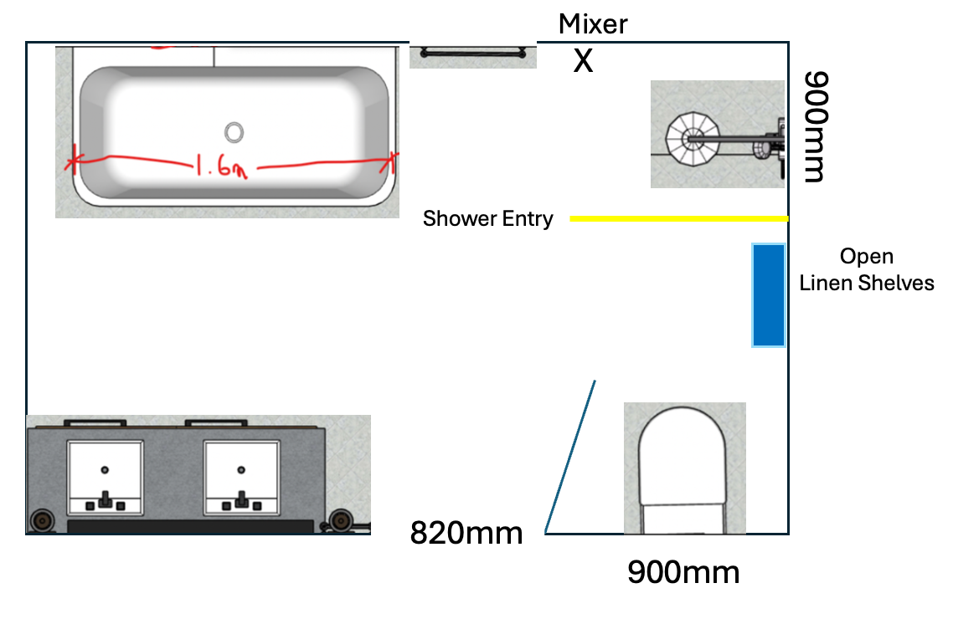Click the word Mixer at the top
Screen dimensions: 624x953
pos(593,23)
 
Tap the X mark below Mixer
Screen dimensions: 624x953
pos(583,60)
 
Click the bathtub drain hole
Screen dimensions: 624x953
pos(234,130)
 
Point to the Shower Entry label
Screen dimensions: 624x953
pos(487,219)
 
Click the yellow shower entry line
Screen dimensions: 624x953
pos(678,219)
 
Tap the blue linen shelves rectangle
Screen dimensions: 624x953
pos(768,294)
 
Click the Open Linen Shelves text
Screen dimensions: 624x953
pos(867,269)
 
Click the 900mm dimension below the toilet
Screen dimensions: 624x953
pos(683,573)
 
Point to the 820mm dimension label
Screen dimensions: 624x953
pos(466,532)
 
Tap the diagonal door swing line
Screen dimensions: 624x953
pos(570,457)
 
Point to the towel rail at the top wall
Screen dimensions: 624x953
pos(473,54)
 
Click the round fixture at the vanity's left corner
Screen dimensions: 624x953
pos(41,521)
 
